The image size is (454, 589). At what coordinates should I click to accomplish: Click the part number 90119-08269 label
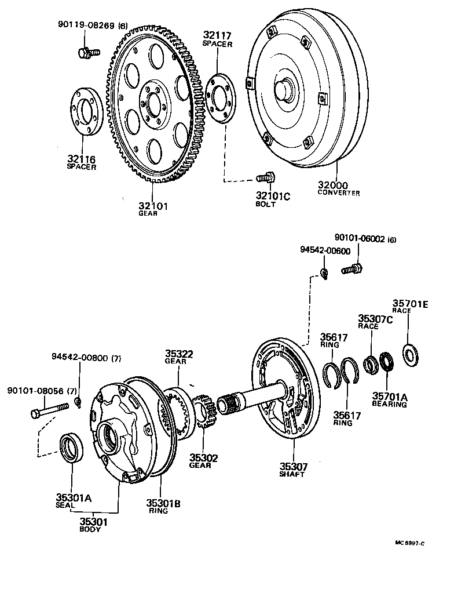click(86, 25)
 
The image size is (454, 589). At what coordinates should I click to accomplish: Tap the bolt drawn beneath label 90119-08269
click(87, 52)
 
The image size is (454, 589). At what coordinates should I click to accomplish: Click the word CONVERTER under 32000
click(338, 193)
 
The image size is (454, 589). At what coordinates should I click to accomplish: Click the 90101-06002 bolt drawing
click(352, 268)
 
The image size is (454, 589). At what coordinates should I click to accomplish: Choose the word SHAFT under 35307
click(292, 474)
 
